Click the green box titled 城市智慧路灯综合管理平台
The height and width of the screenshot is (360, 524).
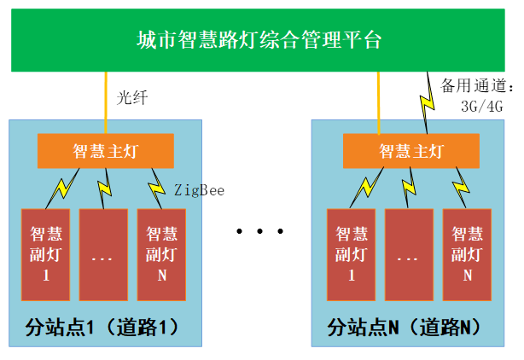(261, 39)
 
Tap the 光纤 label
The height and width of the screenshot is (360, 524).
(133, 98)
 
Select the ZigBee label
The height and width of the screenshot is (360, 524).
(199, 190)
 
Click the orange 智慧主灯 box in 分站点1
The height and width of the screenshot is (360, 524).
(106, 151)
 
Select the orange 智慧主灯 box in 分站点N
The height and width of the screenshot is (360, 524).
(410, 151)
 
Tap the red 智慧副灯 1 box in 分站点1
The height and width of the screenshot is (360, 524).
(45, 253)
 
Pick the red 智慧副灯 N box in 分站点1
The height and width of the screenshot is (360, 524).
(162, 253)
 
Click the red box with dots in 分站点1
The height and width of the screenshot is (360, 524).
(104, 253)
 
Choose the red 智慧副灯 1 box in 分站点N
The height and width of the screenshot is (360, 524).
(351, 253)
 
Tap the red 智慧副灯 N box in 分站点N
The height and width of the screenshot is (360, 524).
(467, 253)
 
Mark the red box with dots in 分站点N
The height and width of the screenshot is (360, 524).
(409, 253)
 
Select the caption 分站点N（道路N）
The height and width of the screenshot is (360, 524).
(405, 327)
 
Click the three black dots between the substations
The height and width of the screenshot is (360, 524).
(258, 231)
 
